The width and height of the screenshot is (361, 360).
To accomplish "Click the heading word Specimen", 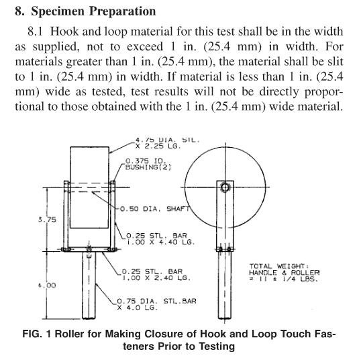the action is click(x=58, y=11).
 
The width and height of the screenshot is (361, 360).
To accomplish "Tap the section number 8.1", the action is click(x=35, y=32).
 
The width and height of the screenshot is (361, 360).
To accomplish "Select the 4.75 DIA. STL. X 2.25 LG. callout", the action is click(x=167, y=143).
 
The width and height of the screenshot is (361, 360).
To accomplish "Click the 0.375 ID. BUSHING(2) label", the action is click(x=148, y=164).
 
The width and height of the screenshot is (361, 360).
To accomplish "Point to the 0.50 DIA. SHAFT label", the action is click(x=154, y=209).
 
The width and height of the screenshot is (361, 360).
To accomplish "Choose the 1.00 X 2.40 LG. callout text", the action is click(x=157, y=278).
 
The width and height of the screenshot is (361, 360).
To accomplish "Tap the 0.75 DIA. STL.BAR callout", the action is click(x=156, y=301).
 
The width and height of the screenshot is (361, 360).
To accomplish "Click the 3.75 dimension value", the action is click(x=47, y=219).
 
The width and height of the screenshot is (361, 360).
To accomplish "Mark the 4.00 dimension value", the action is click(x=47, y=285).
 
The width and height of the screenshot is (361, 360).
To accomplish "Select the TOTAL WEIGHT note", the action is click(x=284, y=273).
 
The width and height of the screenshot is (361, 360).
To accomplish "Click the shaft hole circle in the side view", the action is click(x=225, y=187).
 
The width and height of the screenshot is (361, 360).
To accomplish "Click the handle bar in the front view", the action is click(x=89, y=285).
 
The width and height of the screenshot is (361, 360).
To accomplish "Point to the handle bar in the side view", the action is click(x=225, y=285).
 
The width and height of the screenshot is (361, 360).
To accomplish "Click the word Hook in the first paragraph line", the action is click(x=64, y=32).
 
